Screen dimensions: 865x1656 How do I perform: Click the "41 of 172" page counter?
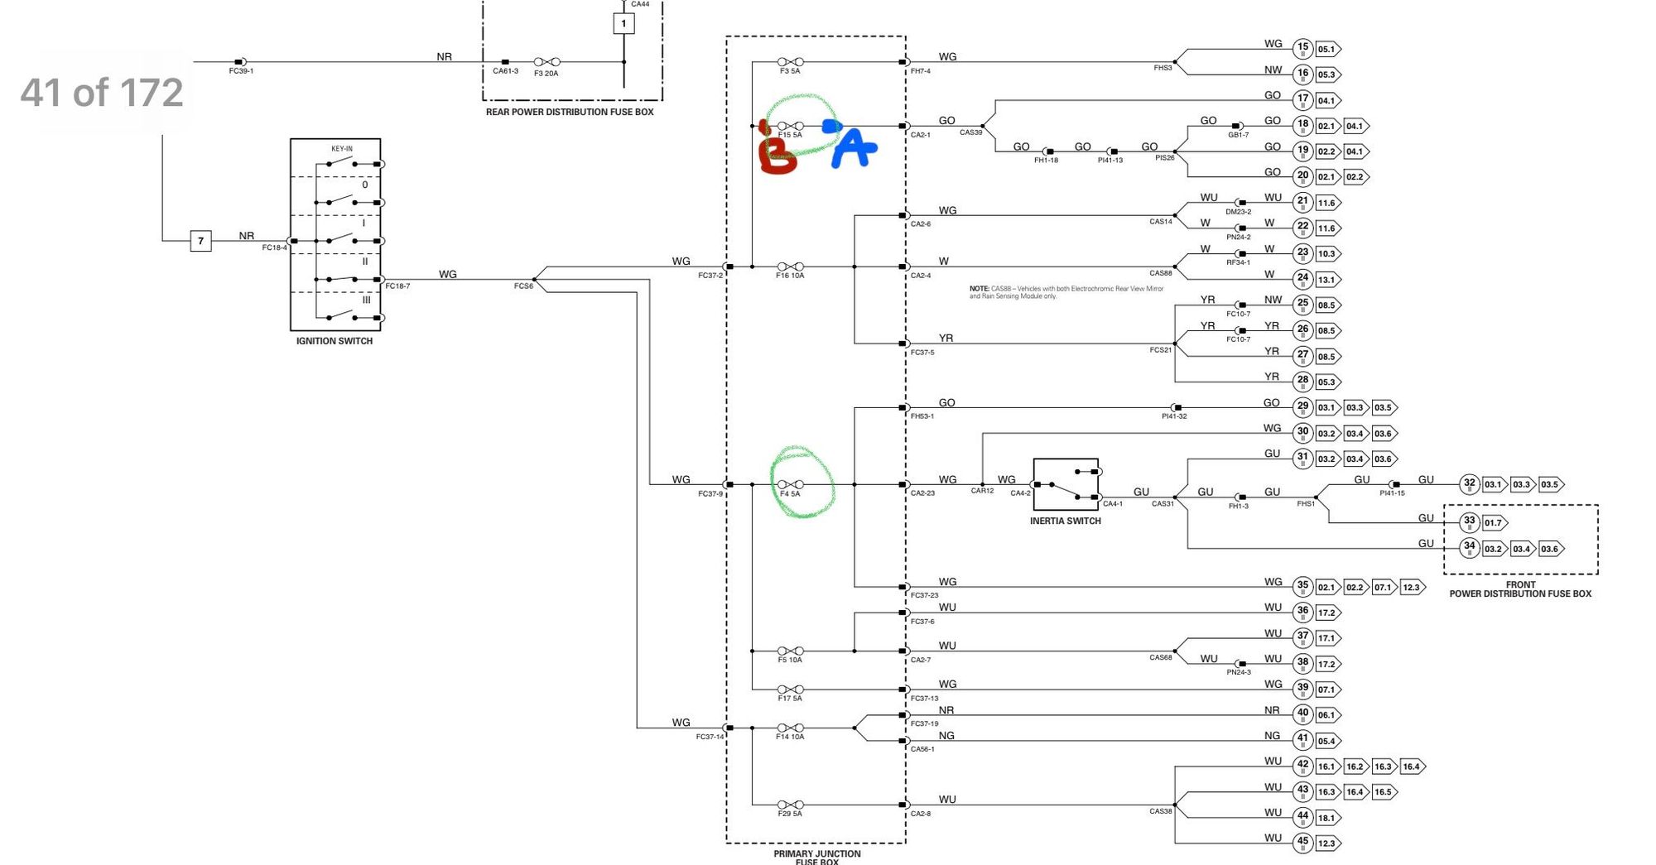pos(102,92)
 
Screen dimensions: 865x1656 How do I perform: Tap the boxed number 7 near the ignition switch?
pos(200,241)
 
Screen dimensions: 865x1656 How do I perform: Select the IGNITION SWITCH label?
pos(335,341)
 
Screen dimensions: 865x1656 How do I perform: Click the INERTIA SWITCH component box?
pos(1066,485)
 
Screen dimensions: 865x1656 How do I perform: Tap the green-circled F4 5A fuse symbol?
pos(791,484)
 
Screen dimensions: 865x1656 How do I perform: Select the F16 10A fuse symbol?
pos(791,267)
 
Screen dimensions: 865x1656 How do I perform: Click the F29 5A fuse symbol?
pos(791,805)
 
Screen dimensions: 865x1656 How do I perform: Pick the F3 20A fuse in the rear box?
pos(546,62)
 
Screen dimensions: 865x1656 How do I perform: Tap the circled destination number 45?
pos(1302,843)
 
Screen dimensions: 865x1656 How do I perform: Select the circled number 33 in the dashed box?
pos(1469,522)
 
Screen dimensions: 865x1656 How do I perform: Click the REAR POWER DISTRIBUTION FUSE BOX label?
pos(570,112)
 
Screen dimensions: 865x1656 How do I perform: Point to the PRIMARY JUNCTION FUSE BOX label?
pos(817,857)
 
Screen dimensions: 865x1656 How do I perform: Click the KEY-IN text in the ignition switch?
pos(342,149)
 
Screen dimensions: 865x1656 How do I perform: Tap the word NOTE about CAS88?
pos(979,289)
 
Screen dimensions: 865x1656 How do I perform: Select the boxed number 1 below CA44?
pos(623,24)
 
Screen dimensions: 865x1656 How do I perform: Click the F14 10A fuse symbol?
pos(791,728)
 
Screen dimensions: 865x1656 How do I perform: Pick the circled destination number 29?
pos(1302,407)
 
